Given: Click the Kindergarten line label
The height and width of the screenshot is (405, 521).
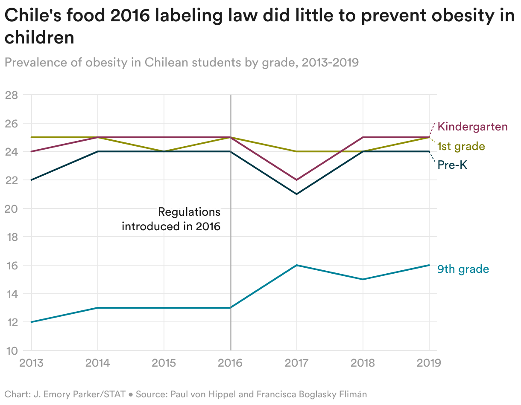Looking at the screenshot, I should [x=473, y=127].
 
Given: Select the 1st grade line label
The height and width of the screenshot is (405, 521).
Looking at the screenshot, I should [x=461, y=147].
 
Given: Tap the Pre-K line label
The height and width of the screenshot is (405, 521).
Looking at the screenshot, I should [x=453, y=165].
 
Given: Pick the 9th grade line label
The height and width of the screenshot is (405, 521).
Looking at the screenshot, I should [x=463, y=269].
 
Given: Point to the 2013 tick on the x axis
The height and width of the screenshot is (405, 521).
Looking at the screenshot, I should [x=31, y=363].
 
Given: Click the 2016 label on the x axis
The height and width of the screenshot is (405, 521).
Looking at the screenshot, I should [x=230, y=363].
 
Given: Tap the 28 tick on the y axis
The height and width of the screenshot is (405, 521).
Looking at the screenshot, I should [x=11, y=95].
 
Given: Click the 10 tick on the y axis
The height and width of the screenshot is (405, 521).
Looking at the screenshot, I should [x=11, y=350].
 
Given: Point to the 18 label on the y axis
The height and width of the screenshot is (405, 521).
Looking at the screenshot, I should [x=11, y=237].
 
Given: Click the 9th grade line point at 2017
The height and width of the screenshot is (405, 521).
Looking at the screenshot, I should [x=296, y=265].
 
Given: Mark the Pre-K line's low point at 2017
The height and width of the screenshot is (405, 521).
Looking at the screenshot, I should [x=296, y=194].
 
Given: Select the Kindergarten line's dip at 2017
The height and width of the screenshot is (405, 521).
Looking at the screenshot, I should [x=296, y=180].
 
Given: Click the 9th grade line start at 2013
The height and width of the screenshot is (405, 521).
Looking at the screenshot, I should [x=31, y=322].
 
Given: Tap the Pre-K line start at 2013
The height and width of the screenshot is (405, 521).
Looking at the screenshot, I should [x=31, y=180].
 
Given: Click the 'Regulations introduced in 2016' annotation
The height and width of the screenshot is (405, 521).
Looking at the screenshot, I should [x=171, y=219].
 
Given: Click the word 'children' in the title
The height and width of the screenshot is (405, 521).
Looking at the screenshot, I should [x=39, y=38].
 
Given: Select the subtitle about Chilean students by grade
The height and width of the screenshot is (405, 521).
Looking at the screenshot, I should [x=181, y=63].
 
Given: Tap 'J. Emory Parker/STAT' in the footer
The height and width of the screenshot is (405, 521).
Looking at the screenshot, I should [x=79, y=394].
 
